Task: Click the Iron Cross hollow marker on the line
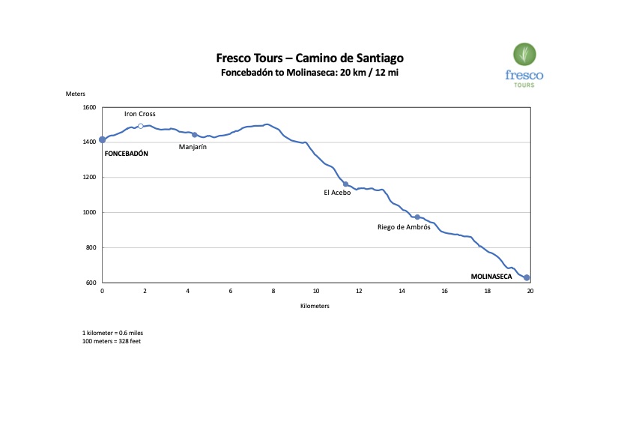tap(141, 126)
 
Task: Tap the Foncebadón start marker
tap(103, 140)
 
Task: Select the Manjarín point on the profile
tap(195, 135)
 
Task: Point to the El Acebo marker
tap(345, 184)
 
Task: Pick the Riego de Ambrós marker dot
tap(417, 217)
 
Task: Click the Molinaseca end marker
tap(527, 278)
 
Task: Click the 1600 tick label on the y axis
tap(89, 108)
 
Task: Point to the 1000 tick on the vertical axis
tap(89, 213)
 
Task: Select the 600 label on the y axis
tap(91, 283)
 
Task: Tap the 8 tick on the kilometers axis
tap(273, 291)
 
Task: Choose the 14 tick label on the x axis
tap(402, 291)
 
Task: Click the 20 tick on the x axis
tap(530, 291)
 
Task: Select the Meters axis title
tap(76, 94)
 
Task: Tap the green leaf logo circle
tap(524, 55)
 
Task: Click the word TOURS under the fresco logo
tap(524, 85)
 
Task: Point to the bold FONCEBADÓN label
tap(127, 153)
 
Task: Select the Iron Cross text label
tap(140, 114)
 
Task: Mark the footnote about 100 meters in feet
tap(112, 341)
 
